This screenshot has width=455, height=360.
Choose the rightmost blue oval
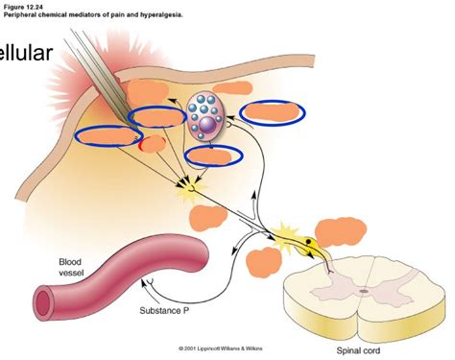pyautogui.click(x=273, y=112)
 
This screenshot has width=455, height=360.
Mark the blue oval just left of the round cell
pyautogui.click(x=157, y=117)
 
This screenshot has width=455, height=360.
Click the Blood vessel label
pyautogui.click(x=71, y=266)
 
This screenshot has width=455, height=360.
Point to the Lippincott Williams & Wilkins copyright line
pyautogui.click(x=220, y=348)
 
